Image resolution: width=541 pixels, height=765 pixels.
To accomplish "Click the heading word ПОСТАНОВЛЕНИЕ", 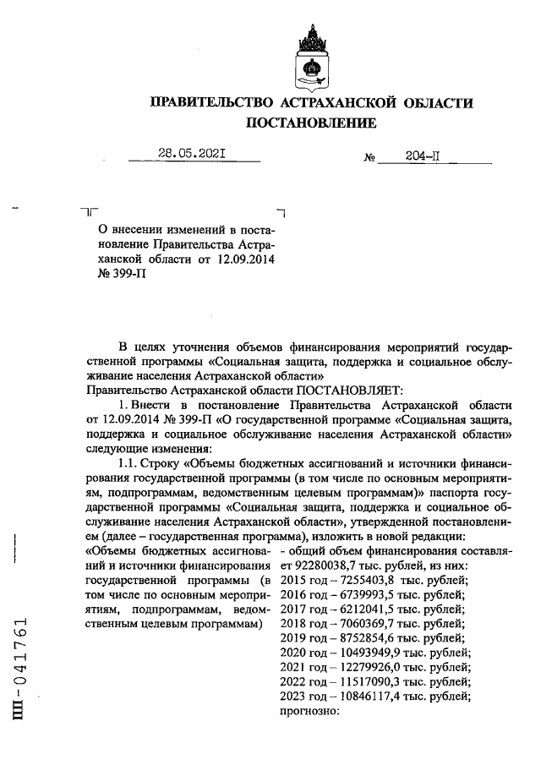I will (x=310, y=123).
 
